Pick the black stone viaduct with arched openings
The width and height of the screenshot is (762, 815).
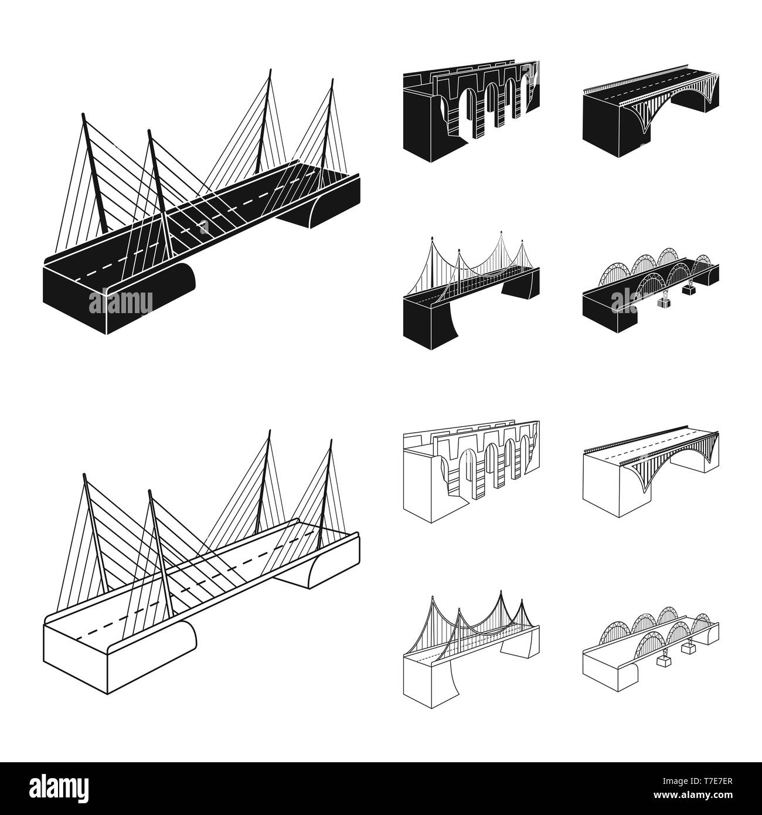471,111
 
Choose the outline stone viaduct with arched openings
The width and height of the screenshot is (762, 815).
471,471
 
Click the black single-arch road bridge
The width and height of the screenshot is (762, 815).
651,111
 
